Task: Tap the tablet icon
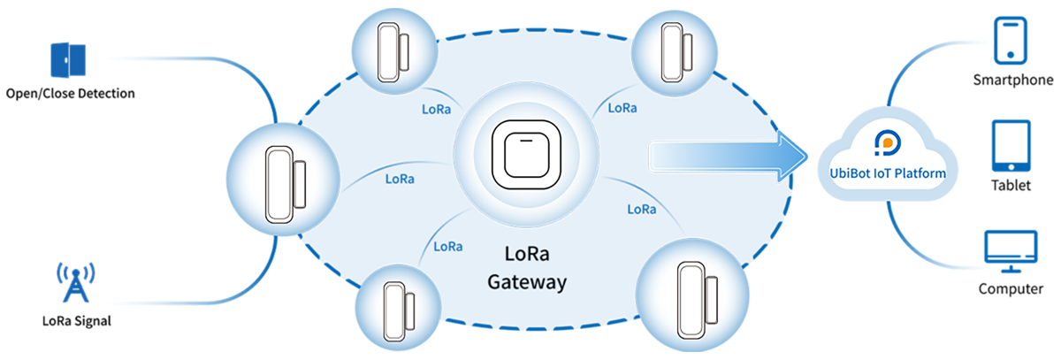point(1011,147)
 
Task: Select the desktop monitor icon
point(1011,251)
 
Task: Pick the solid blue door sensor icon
point(67,59)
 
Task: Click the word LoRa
point(526,254)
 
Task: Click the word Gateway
point(527,283)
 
